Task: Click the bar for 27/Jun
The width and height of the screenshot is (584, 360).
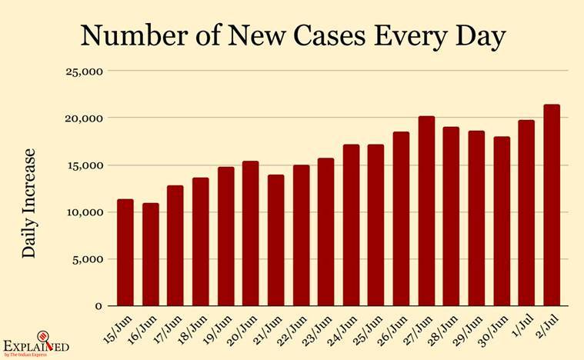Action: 426,211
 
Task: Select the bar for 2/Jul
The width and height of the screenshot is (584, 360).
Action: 552,205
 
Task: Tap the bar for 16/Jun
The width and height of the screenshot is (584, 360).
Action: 151,255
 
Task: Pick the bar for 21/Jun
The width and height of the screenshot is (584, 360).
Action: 275,241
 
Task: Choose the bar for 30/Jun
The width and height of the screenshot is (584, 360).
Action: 502,222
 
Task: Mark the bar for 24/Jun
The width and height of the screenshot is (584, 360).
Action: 351,225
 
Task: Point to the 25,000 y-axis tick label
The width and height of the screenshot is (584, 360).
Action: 84,72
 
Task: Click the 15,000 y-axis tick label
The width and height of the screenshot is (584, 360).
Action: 84,165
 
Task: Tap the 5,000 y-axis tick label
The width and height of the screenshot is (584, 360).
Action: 88,259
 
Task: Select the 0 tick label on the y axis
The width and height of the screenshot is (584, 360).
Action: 98,306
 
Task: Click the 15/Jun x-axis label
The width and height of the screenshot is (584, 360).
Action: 117,330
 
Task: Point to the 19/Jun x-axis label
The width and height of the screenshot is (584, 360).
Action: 217,330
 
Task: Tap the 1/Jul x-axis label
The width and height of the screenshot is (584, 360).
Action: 520,325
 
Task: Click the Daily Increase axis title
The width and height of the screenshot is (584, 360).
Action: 28,203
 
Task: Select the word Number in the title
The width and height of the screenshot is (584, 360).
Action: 135,35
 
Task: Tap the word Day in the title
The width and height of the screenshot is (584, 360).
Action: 480,37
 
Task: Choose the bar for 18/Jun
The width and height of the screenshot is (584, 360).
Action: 201,242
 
